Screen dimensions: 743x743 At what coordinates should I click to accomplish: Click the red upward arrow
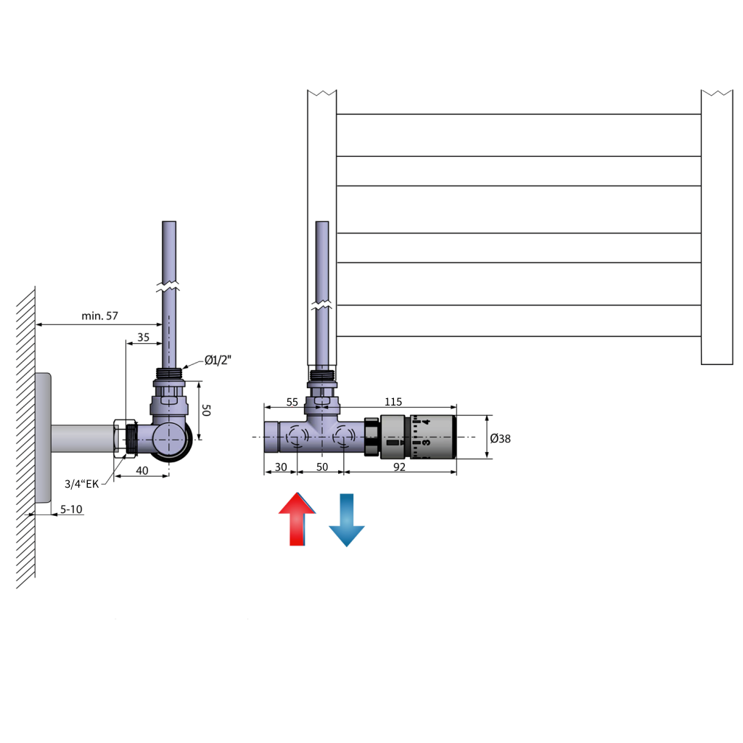(297, 519)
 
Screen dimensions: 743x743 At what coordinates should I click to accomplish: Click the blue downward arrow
(346, 520)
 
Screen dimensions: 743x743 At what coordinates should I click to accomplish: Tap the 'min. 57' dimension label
(99, 316)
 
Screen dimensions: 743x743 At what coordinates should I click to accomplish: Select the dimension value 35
(143, 337)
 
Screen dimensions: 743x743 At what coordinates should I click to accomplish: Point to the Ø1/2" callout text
(218, 360)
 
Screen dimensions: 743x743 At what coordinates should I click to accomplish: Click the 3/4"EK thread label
(81, 484)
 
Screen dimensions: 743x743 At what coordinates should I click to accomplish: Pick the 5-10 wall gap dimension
(71, 509)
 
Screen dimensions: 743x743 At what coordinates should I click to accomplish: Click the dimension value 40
(142, 470)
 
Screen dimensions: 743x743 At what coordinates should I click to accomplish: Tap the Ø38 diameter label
(501, 438)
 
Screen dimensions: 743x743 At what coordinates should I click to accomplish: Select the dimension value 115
(393, 402)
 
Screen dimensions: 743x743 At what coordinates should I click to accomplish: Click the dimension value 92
(400, 467)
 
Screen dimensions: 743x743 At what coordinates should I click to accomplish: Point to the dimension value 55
(292, 402)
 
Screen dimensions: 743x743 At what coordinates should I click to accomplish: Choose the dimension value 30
(281, 467)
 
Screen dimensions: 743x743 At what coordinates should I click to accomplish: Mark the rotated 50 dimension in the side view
(206, 410)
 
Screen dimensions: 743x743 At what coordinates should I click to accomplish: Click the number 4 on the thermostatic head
(426, 422)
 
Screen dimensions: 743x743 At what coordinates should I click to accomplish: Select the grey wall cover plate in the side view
(43, 438)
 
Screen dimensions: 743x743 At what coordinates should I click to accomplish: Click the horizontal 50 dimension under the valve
(322, 467)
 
